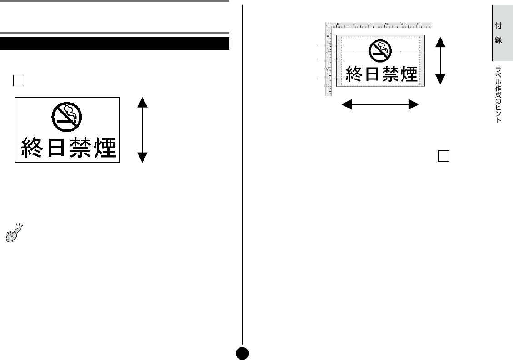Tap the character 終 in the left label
33,148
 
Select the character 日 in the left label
56,148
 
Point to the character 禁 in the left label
80,148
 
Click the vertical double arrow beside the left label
143,130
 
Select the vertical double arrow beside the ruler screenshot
440,60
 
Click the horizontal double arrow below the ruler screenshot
380,105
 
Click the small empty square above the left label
18,80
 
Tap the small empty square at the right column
444,156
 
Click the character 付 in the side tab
498,26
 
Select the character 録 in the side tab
498,40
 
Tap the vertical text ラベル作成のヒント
498,95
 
